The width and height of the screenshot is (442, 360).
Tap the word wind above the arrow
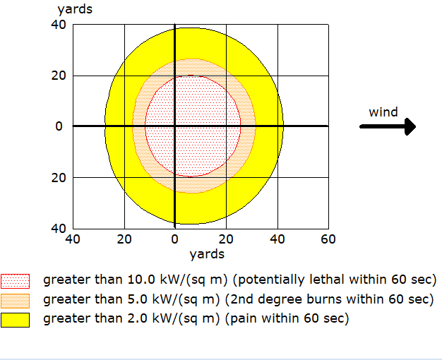coord(383,112)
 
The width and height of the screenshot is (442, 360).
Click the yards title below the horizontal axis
coord(207,254)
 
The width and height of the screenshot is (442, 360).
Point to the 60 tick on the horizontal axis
coord(328,239)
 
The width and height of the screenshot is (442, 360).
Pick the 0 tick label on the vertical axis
coord(59,126)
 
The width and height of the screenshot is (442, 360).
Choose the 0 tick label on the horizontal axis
coord(174,239)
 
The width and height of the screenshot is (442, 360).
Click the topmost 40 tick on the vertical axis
coord(58,25)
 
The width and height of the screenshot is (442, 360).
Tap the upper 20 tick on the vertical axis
coord(58,76)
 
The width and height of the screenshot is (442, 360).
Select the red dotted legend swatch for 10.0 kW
coord(15,280)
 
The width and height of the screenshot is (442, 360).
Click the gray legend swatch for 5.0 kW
coord(15,299)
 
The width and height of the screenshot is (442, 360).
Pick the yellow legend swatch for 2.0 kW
coord(15,319)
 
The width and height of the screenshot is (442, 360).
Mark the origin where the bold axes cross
coord(174,126)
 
